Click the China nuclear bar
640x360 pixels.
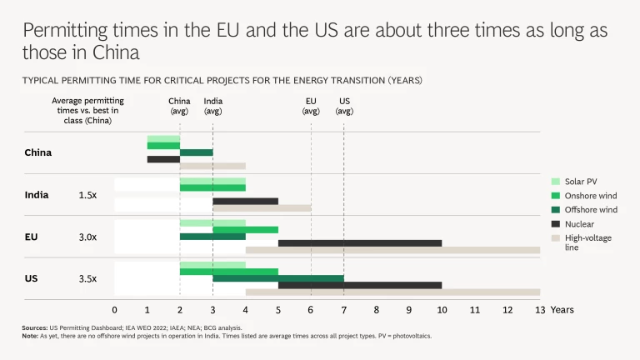coord(163,159)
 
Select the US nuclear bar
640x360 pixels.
coord(359,285)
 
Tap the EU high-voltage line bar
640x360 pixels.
coord(392,250)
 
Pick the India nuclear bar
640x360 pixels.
coord(245,202)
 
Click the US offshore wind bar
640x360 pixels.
coord(277,278)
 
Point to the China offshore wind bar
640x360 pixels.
coord(196,152)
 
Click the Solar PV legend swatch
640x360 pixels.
coord(556,182)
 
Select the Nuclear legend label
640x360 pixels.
coord(579,224)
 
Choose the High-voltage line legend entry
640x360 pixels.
coord(584,242)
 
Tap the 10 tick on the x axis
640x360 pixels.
coord(442,310)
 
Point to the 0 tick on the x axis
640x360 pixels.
coord(115,310)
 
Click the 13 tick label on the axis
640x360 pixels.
coord(539,310)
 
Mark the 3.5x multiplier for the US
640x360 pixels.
coord(87,278)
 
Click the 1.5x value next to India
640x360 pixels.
coord(87,195)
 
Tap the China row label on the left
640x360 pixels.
coord(38,152)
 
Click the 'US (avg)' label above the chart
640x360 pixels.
coord(344,106)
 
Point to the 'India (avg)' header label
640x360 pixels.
coord(212,106)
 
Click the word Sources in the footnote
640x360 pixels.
coord(35,327)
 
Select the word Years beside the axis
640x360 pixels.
coord(562,310)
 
